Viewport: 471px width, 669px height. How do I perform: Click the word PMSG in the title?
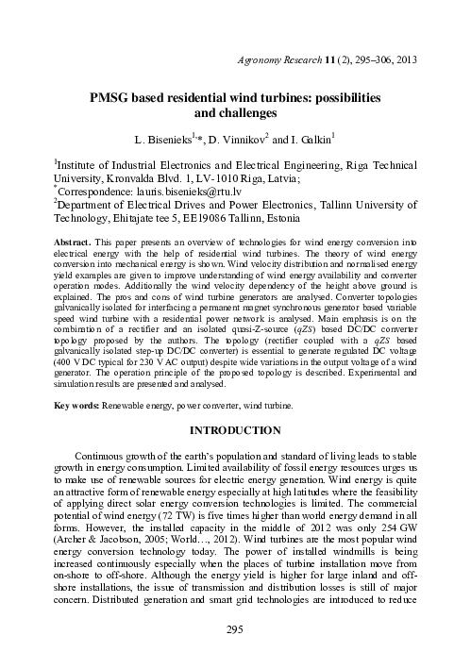[109, 98]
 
